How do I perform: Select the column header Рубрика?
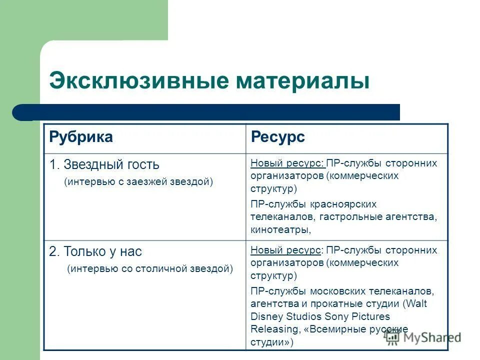pyautogui.click(x=81, y=137)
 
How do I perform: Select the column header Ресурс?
pyautogui.click(x=277, y=137)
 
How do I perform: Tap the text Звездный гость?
pyautogui.click(x=111, y=164)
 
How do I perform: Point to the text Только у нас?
pyautogui.click(x=102, y=251)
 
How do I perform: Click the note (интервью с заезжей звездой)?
pyautogui.click(x=138, y=182)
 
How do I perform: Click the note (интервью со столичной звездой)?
pyautogui.click(x=150, y=269)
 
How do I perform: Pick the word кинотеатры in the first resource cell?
pyautogui.click(x=280, y=230)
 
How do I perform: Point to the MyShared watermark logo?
pyautogui.click(x=422, y=337)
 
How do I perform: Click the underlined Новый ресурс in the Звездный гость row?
pyautogui.click(x=287, y=163)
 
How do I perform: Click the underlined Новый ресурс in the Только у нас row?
pyautogui.click(x=286, y=250)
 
